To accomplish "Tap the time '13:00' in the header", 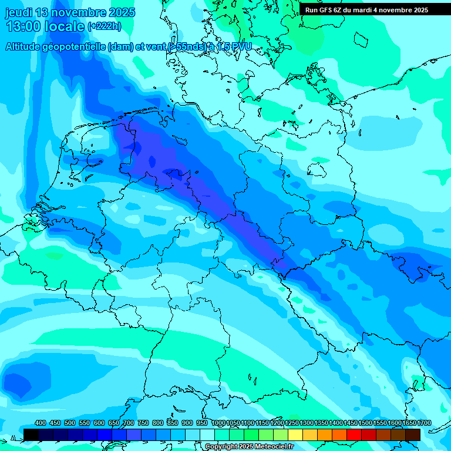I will [23, 26].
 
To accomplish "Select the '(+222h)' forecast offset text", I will [104, 26].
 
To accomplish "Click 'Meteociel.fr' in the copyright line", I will [274, 447].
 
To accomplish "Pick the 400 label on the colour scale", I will [41, 423].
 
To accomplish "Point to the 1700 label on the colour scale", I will [425, 423].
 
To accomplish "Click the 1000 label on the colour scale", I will [218, 423].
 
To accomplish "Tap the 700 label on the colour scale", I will [129, 423].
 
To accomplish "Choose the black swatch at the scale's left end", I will [31, 435].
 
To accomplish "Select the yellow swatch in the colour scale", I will [295, 435].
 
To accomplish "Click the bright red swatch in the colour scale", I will [354, 435].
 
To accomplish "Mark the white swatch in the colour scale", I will [207, 435].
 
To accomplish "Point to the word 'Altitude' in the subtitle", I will [24, 46].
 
